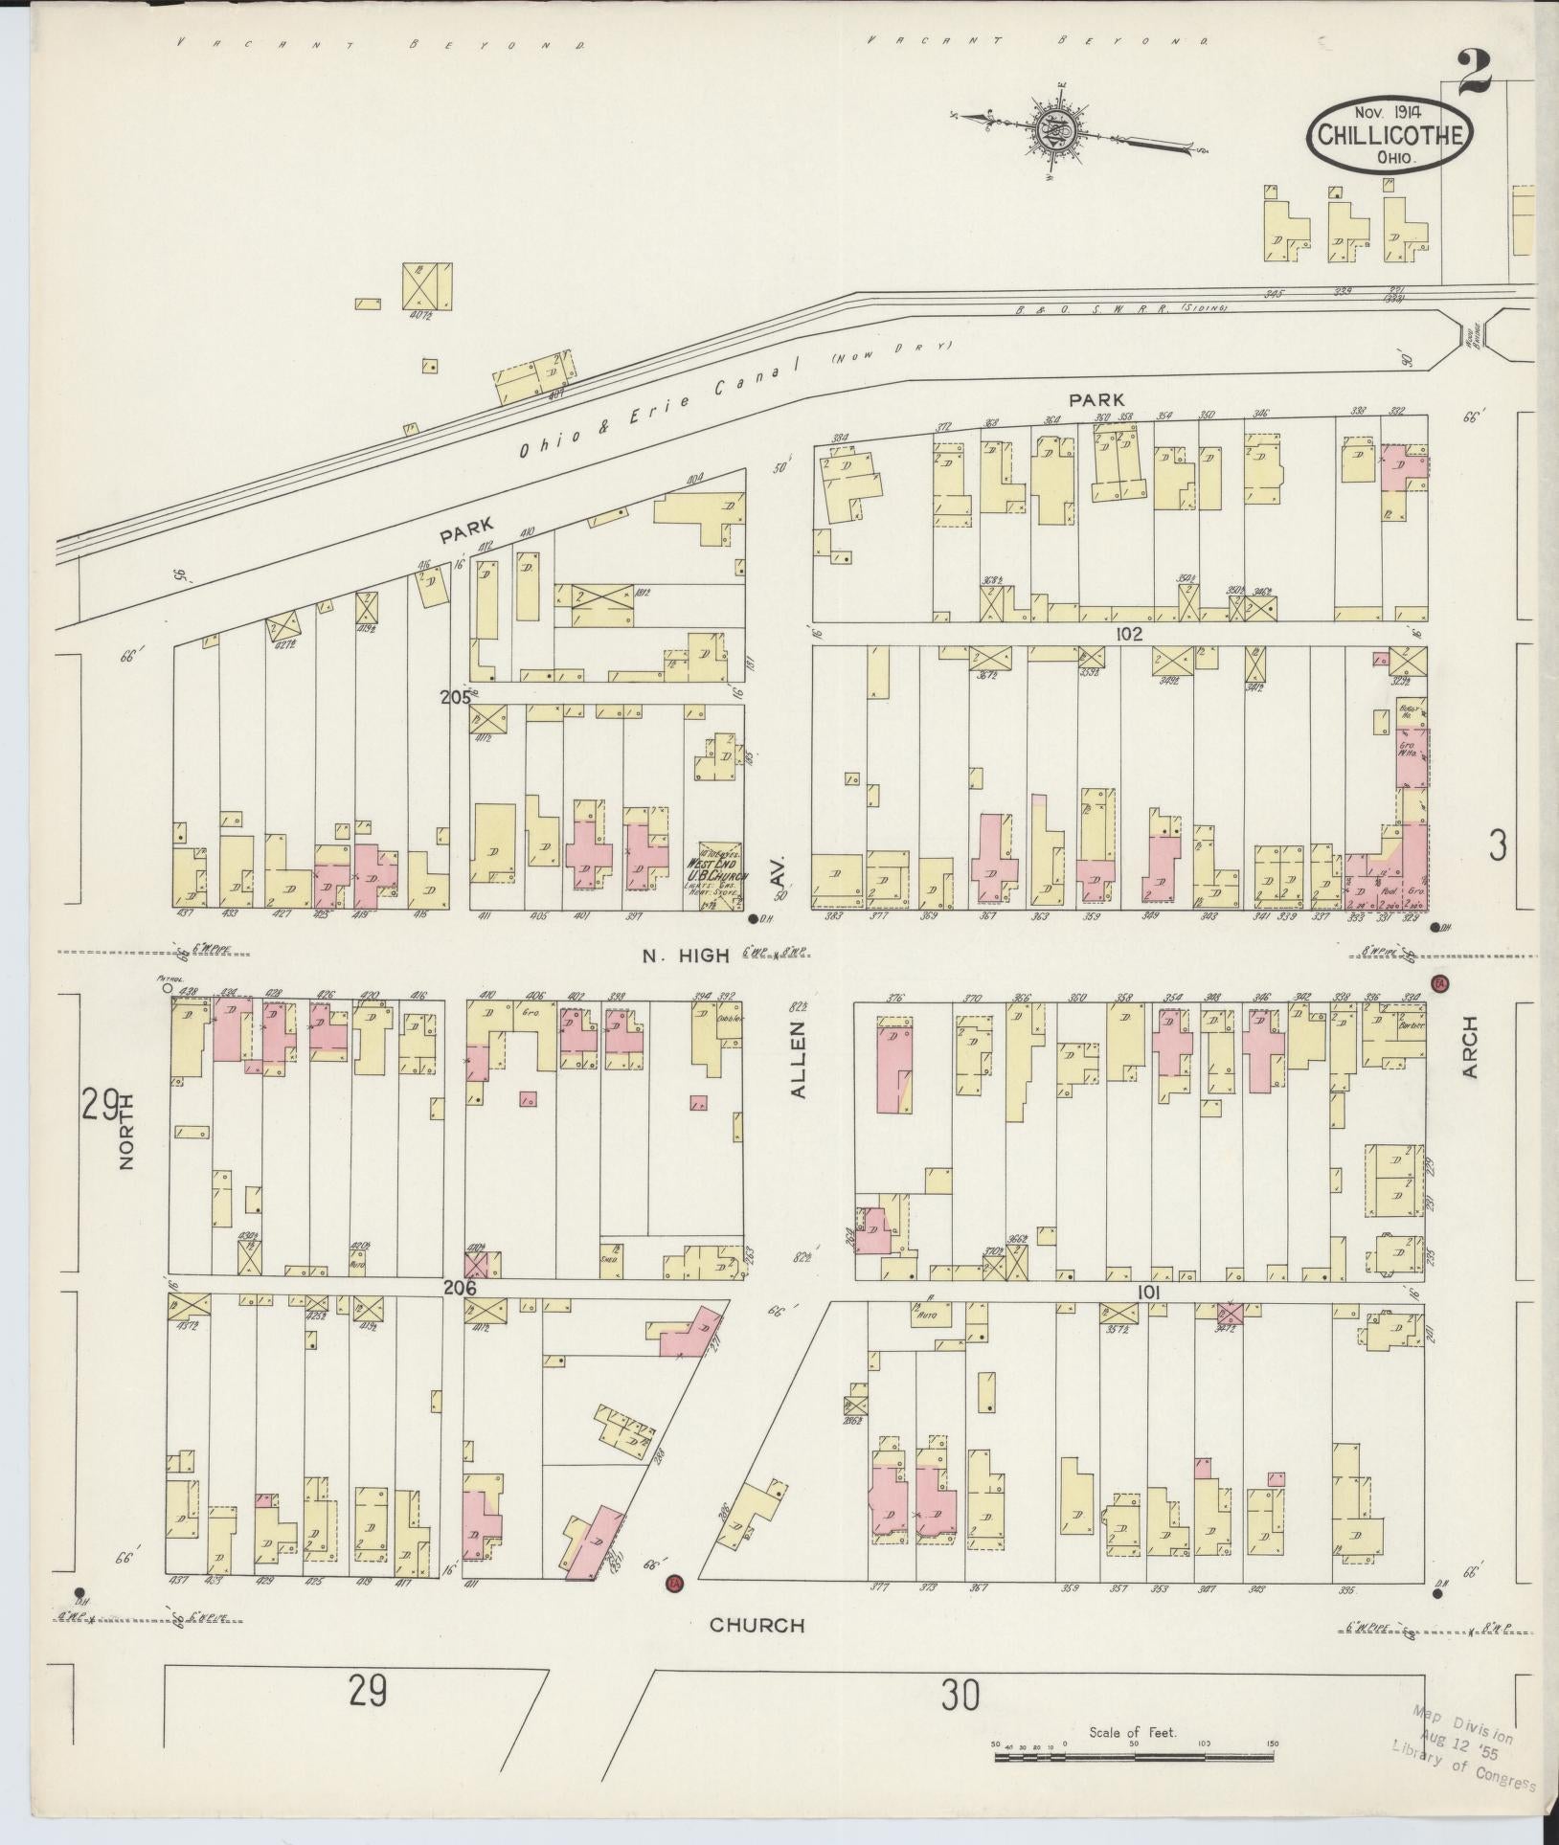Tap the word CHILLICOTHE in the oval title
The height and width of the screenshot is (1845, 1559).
pyautogui.click(x=1390, y=136)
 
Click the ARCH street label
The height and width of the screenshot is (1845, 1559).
pyautogui.click(x=1470, y=1047)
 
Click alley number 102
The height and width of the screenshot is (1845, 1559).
pyautogui.click(x=1128, y=634)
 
